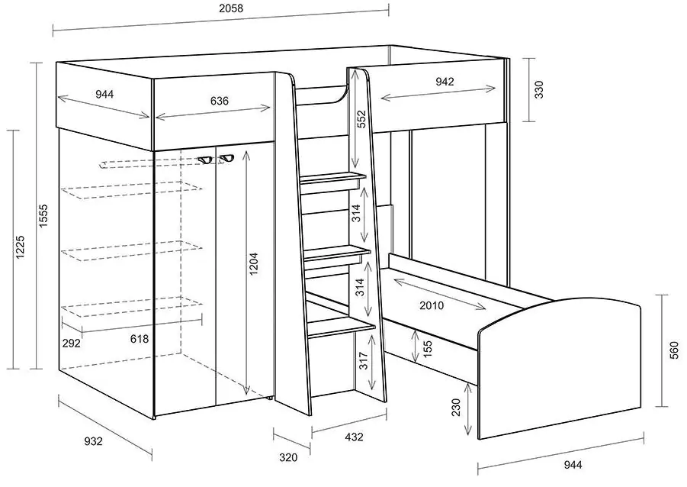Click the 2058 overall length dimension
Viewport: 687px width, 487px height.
click(x=231, y=8)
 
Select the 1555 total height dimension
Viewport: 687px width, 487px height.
click(x=43, y=215)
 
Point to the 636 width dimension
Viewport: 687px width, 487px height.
click(x=219, y=101)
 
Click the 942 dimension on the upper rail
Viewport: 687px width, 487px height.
click(x=445, y=82)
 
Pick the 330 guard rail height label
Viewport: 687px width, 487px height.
click(x=539, y=89)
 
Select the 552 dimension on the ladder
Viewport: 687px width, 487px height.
click(x=361, y=118)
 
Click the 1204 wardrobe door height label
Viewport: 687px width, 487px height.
click(x=254, y=264)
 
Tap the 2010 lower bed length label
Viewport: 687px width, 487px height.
click(x=432, y=305)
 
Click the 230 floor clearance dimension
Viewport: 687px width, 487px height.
click(x=456, y=407)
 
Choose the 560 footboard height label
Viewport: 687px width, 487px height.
click(x=674, y=350)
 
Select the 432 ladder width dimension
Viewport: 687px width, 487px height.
click(x=354, y=437)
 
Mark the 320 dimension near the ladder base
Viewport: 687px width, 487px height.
click(x=288, y=457)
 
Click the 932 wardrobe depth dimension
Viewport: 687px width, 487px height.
click(x=93, y=441)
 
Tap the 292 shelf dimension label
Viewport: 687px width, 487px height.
click(x=71, y=343)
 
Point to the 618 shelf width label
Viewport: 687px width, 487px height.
click(x=140, y=339)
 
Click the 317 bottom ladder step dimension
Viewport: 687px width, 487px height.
click(x=363, y=360)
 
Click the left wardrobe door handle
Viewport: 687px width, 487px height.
click(x=204, y=160)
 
